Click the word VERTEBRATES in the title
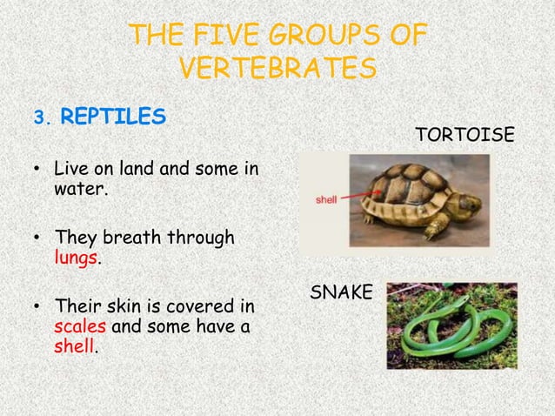[277, 67]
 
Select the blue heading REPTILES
[114, 117]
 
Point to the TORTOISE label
[465, 135]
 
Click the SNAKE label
[341, 293]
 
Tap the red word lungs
[77, 258]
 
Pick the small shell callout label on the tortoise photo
[325, 199]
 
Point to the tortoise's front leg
[432, 231]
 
